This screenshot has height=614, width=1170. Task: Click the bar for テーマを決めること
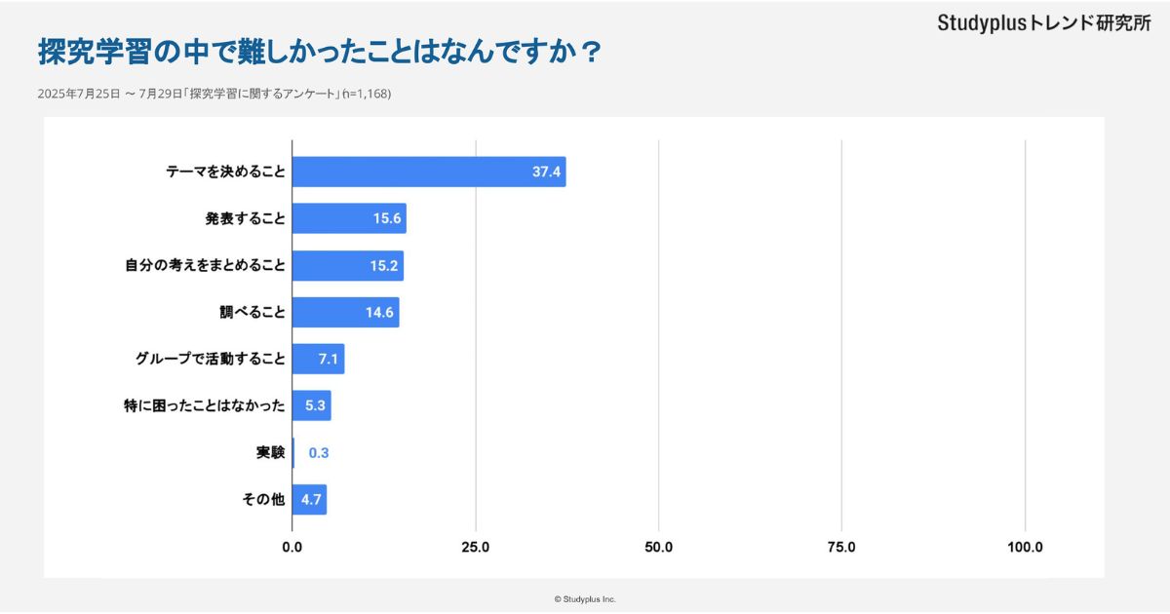click(429, 172)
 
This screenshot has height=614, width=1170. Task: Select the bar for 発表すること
click(349, 218)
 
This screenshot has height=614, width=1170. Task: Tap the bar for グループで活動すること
click(318, 359)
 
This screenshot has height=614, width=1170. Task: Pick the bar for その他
click(309, 500)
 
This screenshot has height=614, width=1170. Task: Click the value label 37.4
click(546, 172)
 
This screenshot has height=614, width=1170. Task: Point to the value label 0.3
click(319, 453)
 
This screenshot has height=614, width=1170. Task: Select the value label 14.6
click(379, 313)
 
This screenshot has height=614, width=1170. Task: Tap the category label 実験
click(271, 453)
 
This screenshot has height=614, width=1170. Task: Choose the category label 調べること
click(253, 313)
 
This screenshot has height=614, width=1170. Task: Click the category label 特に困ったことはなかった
click(198, 406)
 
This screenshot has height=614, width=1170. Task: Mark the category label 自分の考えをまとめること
click(205, 265)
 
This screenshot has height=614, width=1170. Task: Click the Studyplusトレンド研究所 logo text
click(1044, 23)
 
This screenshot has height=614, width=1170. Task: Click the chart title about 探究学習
click(319, 53)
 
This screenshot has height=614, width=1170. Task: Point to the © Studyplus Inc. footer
click(585, 598)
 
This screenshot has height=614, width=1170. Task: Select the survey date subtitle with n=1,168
click(214, 95)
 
